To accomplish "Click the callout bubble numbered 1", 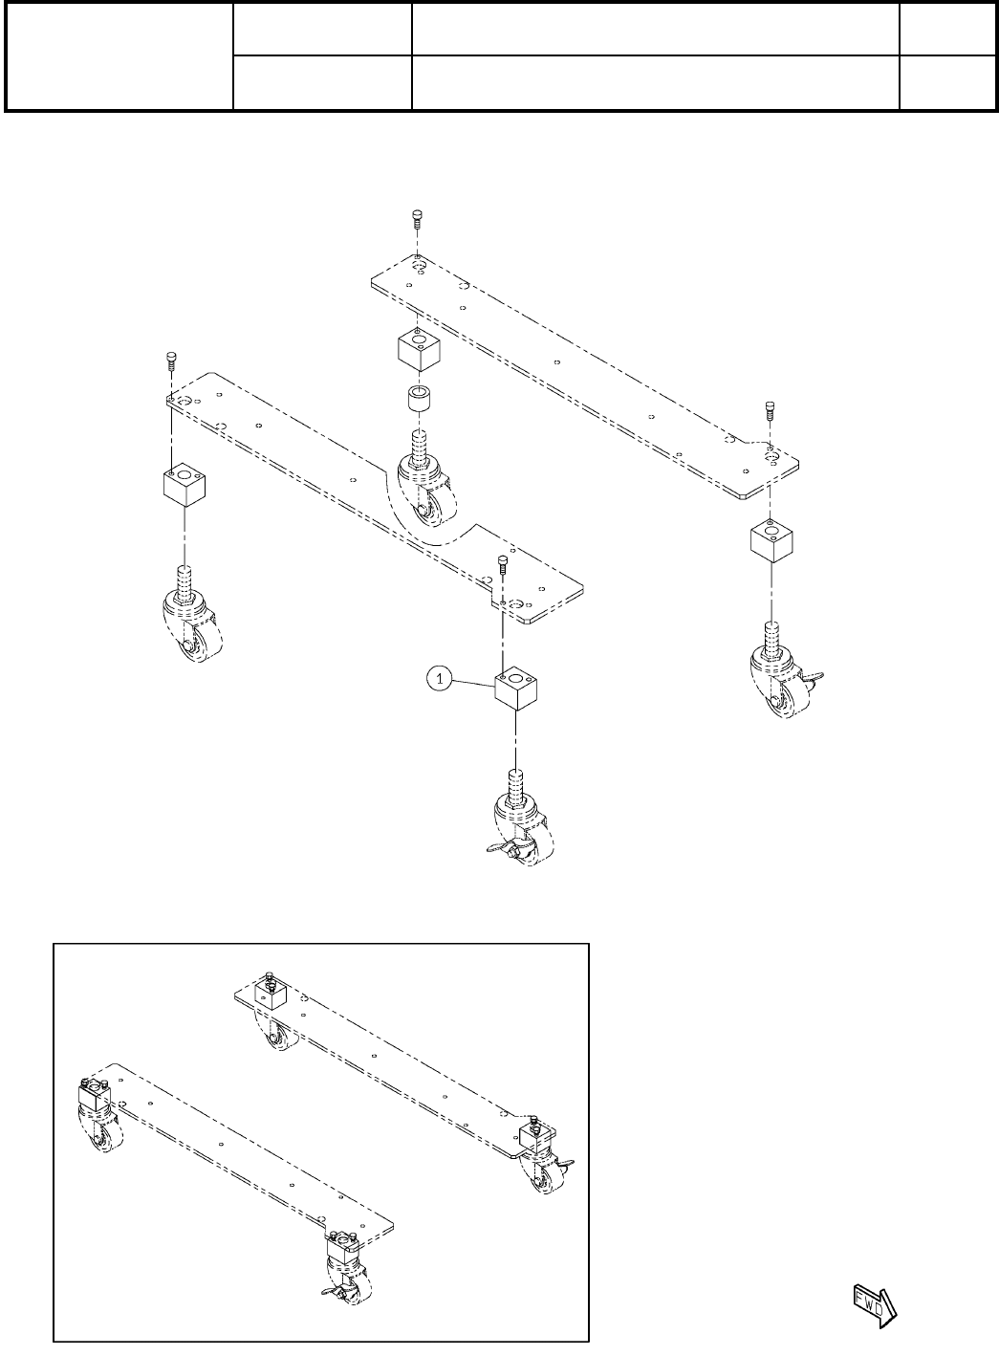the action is pos(439,679).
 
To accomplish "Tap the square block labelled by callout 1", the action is pos(517,691).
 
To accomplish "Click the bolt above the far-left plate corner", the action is pos(170,360).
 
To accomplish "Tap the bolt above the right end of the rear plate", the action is pos(771,409).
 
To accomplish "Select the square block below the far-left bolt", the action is pos(185,487).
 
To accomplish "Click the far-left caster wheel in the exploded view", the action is pos(194,632).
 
